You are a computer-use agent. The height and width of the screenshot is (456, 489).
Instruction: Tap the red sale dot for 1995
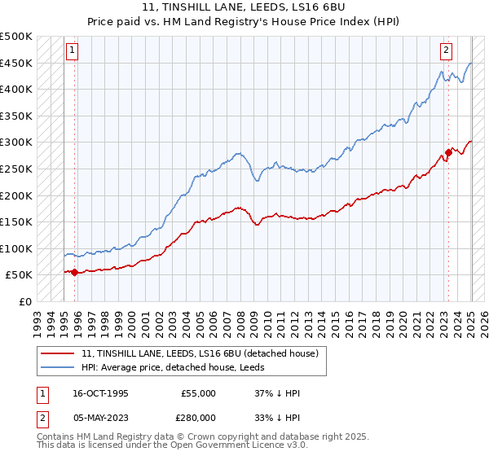(x=75, y=272)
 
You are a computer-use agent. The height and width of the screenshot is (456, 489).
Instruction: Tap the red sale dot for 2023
(x=448, y=152)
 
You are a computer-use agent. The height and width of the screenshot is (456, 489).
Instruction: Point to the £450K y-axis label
(x=16, y=63)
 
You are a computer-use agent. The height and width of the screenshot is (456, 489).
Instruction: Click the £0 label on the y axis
(x=25, y=301)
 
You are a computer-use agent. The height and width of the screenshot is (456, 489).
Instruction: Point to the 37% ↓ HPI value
(x=278, y=393)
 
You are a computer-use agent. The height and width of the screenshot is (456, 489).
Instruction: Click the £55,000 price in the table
(x=198, y=393)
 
